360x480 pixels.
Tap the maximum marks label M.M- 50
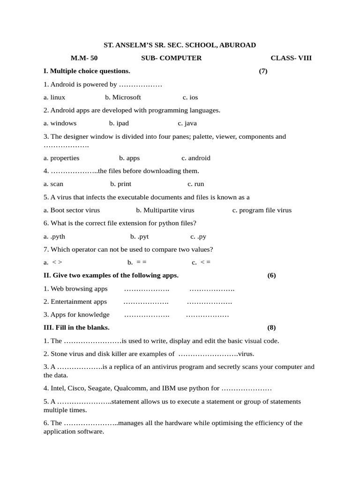[x=84, y=58]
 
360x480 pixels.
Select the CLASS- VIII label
[x=291, y=58]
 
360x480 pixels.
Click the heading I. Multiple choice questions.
[x=87, y=71]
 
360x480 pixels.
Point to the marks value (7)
[x=263, y=71]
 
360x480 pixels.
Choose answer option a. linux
[x=54, y=97]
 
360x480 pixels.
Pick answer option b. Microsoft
[x=123, y=97]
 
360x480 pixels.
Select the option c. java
[x=187, y=123]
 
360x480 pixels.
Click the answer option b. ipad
[x=119, y=123]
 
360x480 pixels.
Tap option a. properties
[x=61, y=158]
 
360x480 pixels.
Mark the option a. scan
[x=53, y=184]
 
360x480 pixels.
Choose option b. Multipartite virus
[x=165, y=210]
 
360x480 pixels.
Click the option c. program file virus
[x=262, y=210]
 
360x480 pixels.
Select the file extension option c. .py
[x=198, y=236]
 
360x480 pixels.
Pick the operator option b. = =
[x=137, y=262]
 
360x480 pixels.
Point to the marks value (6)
[x=272, y=275]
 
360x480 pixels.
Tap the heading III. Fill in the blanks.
[x=76, y=327]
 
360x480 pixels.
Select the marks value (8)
[x=272, y=327]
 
